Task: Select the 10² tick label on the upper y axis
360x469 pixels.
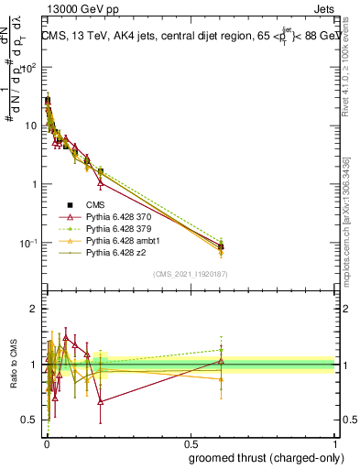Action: click(28, 67)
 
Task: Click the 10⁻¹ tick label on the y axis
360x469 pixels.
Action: click(28, 243)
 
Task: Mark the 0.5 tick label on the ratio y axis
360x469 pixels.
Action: click(29, 420)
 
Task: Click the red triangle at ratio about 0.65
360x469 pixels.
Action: click(100, 401)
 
